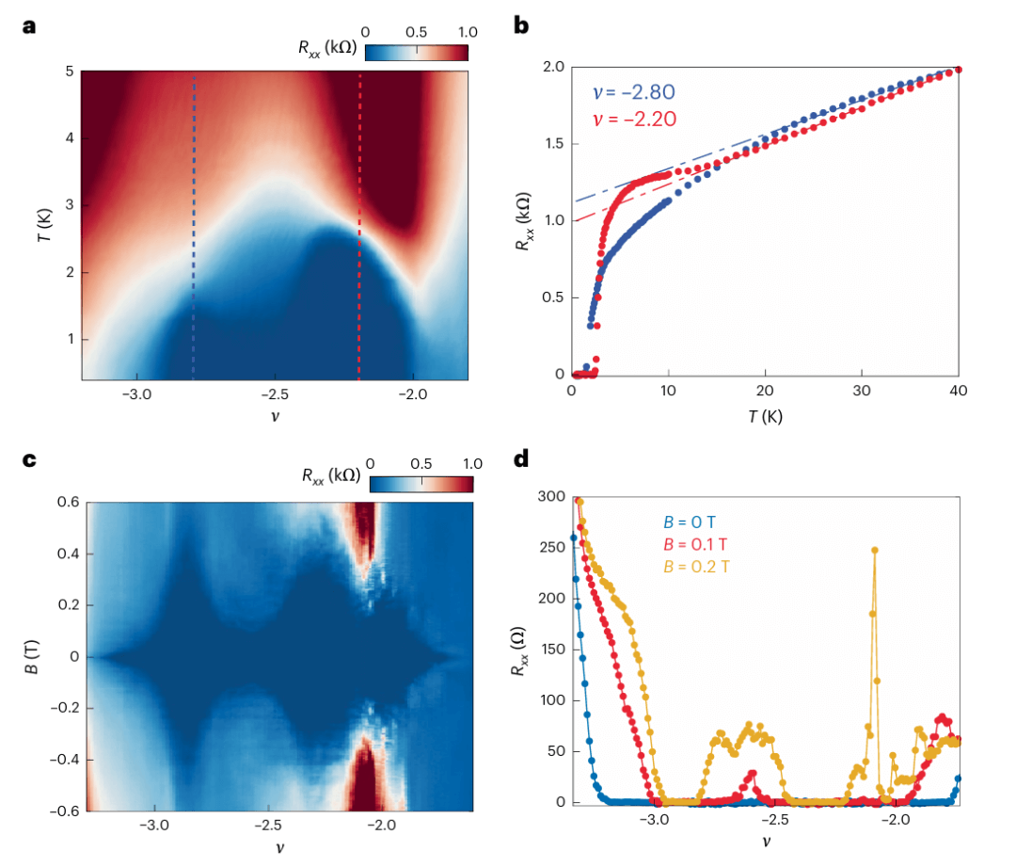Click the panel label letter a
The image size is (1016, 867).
tap(29, 26)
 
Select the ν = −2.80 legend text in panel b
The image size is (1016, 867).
tap(633, 92)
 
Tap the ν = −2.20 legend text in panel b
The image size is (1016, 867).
tap(633, 119)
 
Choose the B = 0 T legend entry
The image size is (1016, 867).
tap(688, 522)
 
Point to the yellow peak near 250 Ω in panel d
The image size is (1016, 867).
tap(875, 551)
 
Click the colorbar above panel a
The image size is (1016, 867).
tap(416, 52)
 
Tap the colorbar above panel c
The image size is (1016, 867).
tap(421, 484)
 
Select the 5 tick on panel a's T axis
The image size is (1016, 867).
tap(69, 71)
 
